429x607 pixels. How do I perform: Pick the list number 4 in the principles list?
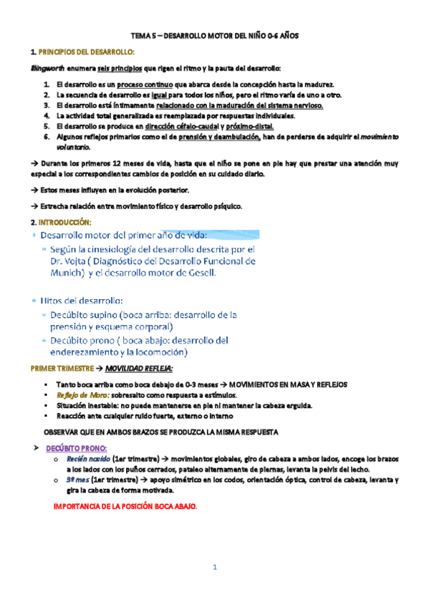(47, 115)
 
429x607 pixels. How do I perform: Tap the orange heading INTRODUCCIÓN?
(69, 221)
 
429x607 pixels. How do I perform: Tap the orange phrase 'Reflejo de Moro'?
(81, 395)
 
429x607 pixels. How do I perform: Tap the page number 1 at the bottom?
(213, 567)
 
